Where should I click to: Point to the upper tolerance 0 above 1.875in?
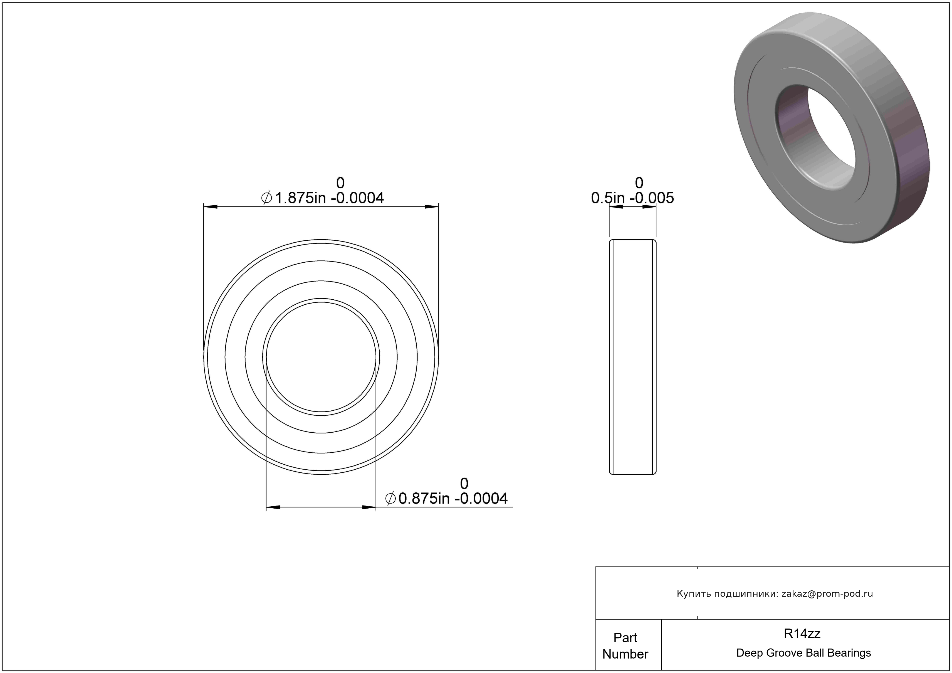(340, 183)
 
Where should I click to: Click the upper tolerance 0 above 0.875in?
(464, 484)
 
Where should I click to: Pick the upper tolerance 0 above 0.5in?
(639, 183)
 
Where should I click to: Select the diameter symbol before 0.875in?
(390, 499)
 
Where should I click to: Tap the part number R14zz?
(802, 633)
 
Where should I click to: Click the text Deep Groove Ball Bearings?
(803, 653)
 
